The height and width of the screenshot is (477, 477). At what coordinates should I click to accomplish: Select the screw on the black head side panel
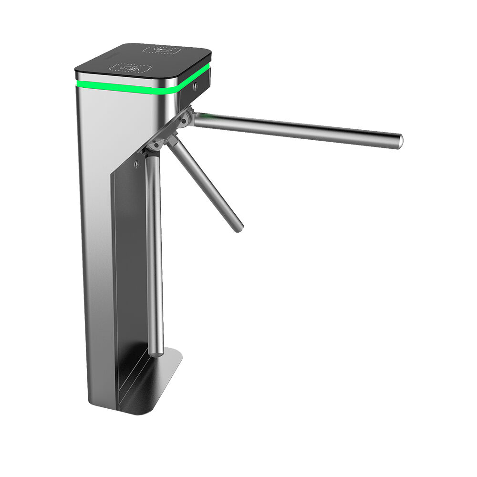tap(196, 86)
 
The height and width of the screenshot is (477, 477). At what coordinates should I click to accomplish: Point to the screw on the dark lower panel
tap(137, 165)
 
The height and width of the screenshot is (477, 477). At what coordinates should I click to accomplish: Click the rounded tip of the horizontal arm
tap(399, 141)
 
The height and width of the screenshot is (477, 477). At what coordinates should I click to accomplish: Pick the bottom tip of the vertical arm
tap(156, 353)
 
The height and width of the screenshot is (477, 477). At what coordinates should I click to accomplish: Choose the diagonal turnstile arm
tap(205, 184)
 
